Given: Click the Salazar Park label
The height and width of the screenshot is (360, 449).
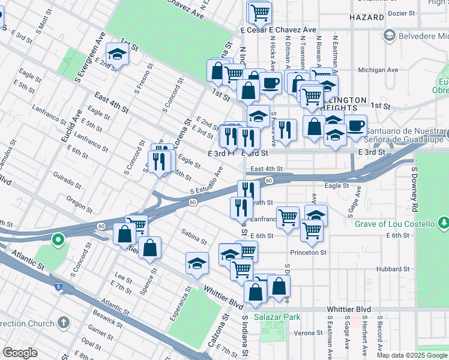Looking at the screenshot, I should (x=276, y=316).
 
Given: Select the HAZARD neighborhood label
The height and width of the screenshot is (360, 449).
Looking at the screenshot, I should (x=366, y=17).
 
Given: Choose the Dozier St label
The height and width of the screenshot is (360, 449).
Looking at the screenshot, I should (x=402, y=13).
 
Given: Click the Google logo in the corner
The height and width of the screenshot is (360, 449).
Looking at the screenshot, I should (x=20, y=353).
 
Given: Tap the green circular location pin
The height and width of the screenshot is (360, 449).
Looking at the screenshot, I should (x=58, y=241).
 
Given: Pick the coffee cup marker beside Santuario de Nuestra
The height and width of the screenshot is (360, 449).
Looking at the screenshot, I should (x=355, y=125).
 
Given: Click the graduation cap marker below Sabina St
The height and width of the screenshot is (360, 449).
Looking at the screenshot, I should (x=197, y=263).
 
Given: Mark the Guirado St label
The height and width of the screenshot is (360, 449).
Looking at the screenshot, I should (x=67, y=181).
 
